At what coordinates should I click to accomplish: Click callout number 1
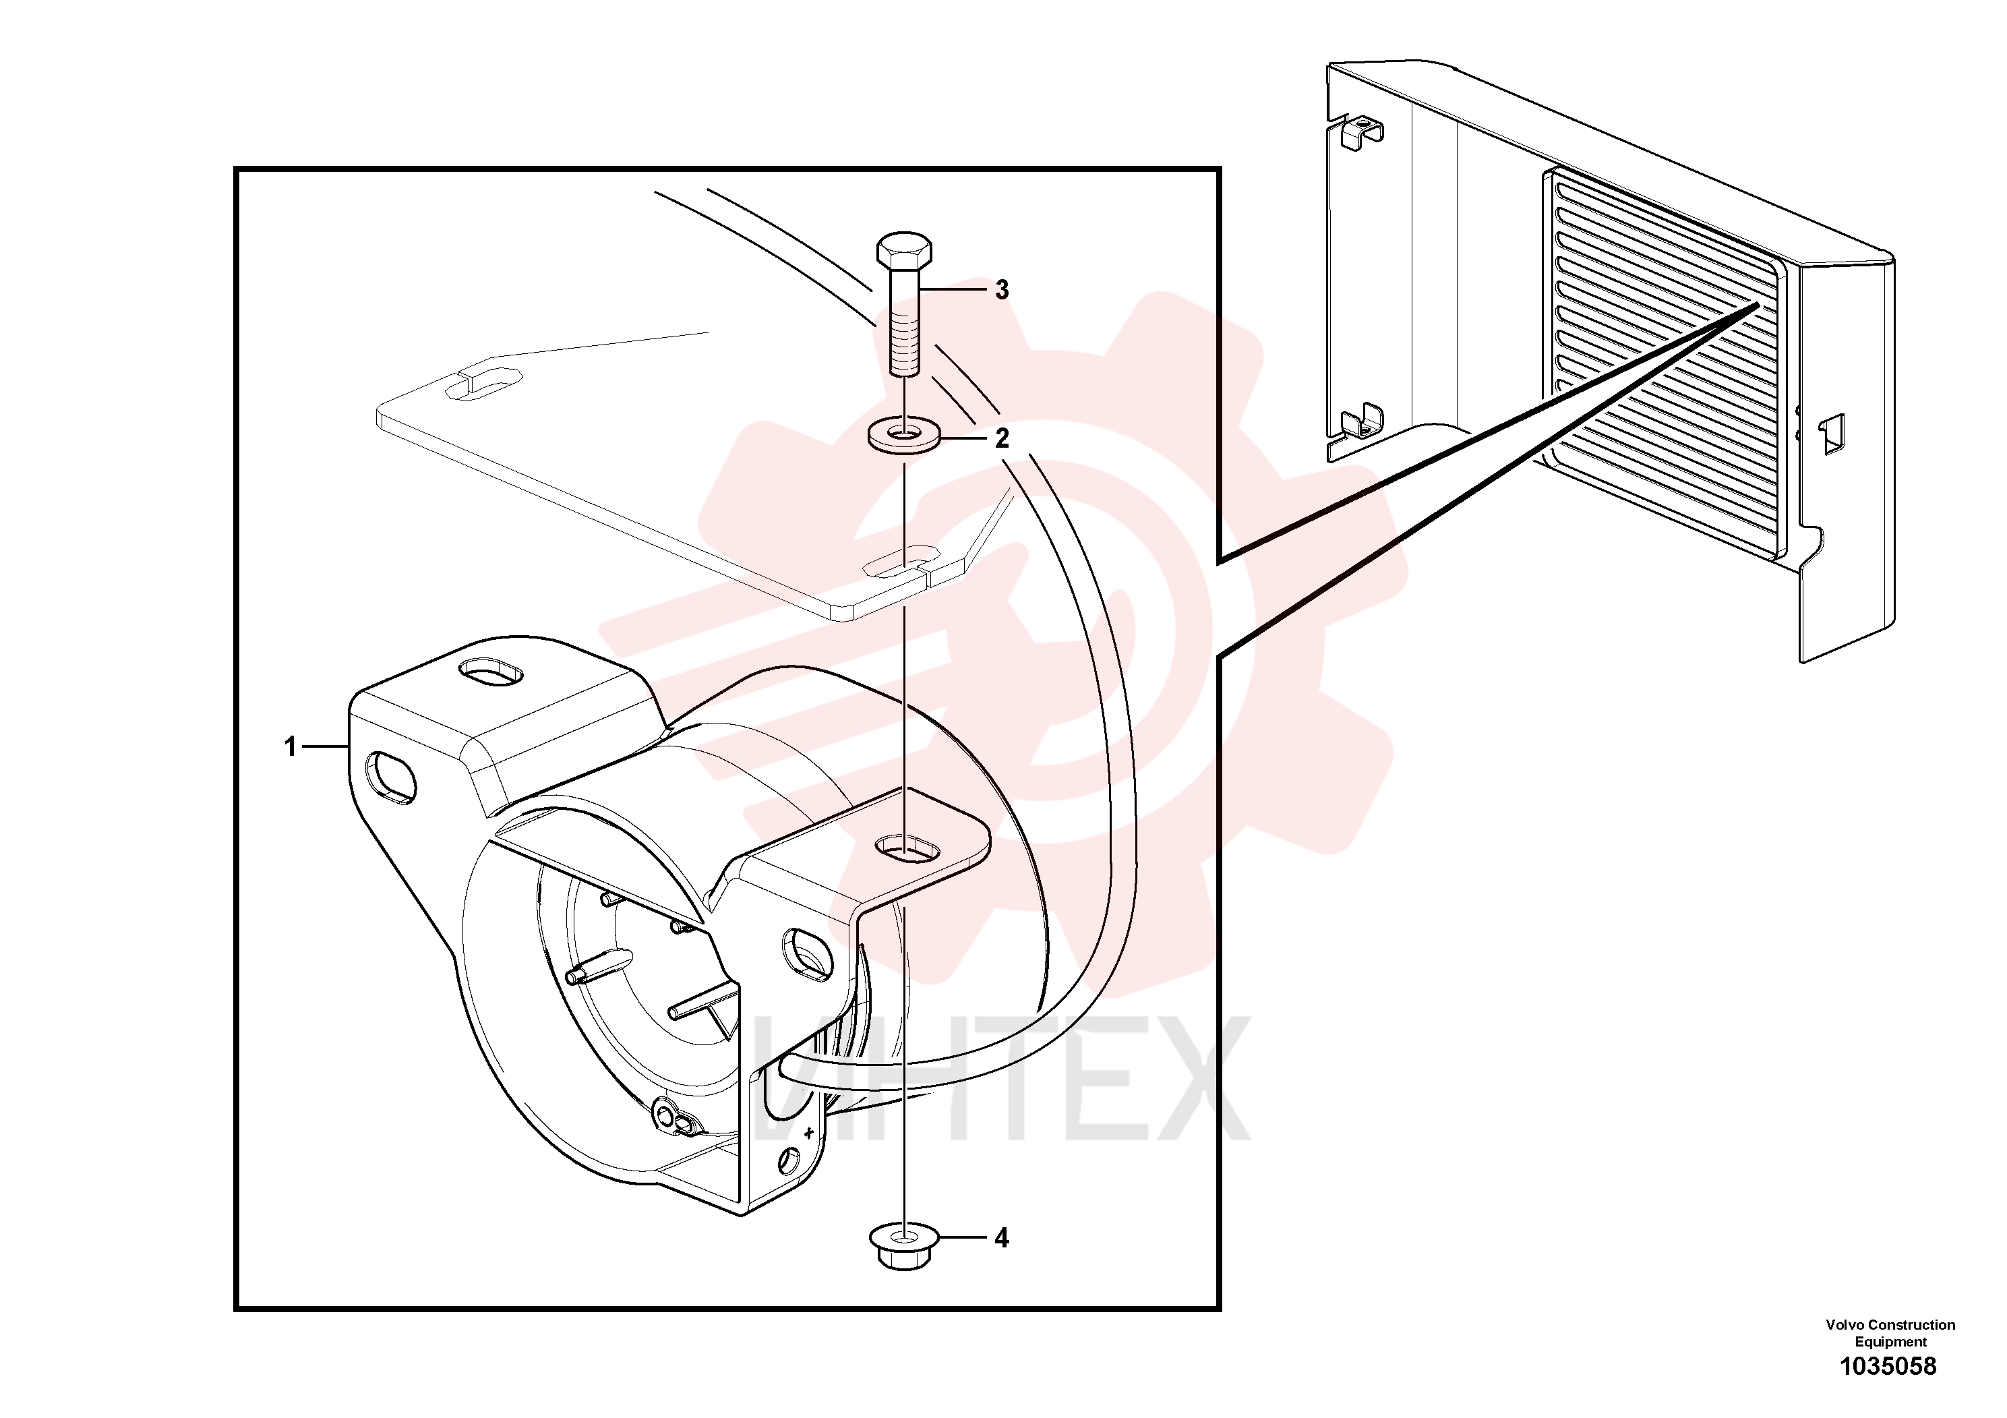[x=290, y=746]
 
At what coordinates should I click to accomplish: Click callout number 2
[x=1002, y=437]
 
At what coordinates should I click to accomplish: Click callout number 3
[x=1002, y=289]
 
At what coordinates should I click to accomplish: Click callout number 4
[x=1002, y=1238]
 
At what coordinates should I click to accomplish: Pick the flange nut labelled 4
[x=904, y=1247]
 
